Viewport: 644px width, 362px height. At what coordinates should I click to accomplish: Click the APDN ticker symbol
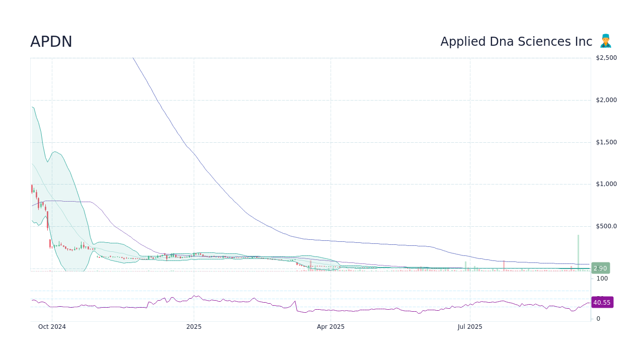[x=51, y=42]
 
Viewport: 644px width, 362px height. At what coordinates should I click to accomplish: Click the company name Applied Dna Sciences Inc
[x=516, y=42]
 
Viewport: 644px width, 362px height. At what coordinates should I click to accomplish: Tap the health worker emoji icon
[x=605, y=41]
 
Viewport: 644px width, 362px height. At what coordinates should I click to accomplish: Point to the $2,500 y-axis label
[x=606, y=58]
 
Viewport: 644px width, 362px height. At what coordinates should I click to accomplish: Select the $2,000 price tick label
[x=606, y=100]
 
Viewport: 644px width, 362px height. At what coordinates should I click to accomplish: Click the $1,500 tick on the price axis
[x=606, y=142]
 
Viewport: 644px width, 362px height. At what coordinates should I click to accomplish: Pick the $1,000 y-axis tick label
[x=606, y=184]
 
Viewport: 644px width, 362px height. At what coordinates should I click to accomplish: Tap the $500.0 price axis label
[x=606, y=226]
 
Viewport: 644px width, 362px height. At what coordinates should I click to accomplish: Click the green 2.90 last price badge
[x=600, y=268]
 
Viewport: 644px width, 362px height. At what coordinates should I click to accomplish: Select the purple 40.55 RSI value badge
[x=602, y=303]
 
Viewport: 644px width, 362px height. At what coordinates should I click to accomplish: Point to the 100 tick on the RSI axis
[x=602, y=279]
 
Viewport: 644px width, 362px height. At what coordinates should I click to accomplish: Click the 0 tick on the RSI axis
[x=598, y=319]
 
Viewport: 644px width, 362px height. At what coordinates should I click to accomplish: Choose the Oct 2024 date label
[x=52, y=327]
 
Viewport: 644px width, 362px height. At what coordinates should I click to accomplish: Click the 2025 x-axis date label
[x=194, y=327]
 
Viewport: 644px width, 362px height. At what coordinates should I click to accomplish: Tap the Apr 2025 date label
[x=331, y=327]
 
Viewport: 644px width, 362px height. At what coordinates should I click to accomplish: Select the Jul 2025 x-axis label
[x=470, y=327]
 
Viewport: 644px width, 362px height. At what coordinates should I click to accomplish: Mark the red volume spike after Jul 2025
[x=504, y=266]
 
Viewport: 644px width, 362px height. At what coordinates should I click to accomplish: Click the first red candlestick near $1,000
[x=32, y=189]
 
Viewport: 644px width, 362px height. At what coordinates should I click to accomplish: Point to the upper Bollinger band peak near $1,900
[x=32, y=107]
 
